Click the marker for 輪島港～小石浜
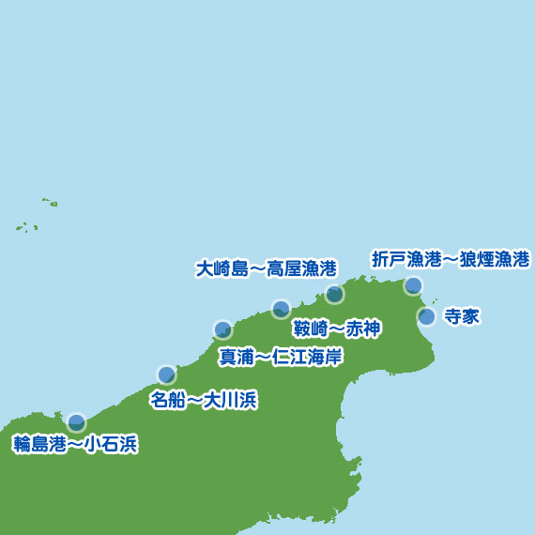[x=76, y=422]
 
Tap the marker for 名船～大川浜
[x=166, y=374]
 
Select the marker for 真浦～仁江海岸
[x=222, y=329]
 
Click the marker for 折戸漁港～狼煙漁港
[x=413, y=285]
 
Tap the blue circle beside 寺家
[x=426, y=316]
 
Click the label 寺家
[x=462, y=316]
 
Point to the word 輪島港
[x=37, y=445]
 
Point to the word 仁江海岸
[x=308, y=357]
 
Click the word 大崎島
[x=220, y=268]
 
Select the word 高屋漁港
[x=301, y=268]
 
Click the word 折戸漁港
[x=403, y=258]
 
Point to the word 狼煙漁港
[x=495, y=258]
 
